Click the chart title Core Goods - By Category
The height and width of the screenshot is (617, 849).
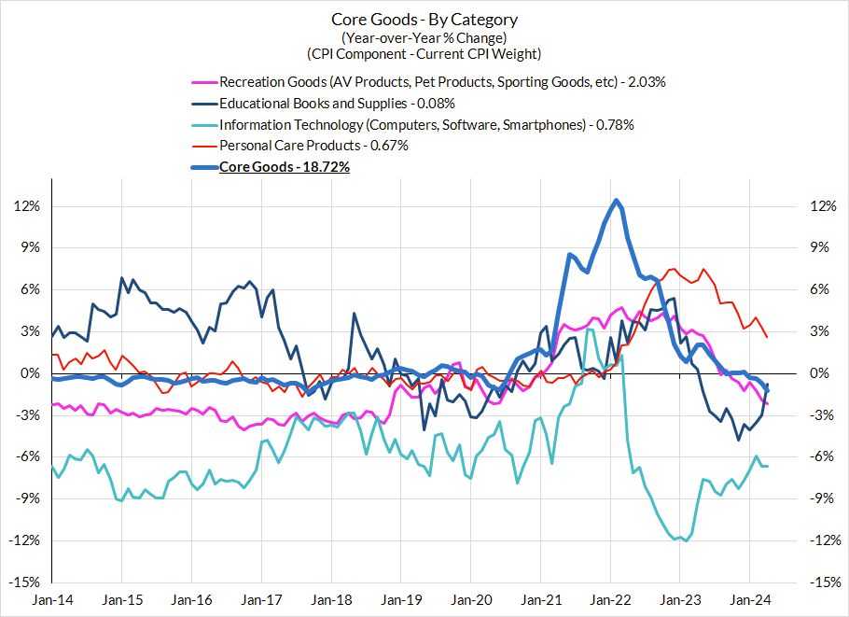pyautogui.click(x=424, y=20)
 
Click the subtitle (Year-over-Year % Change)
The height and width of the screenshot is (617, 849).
pyautogui.click(x=424, y=37)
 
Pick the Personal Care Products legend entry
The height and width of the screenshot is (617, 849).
pyautogui.click(x=313, y=146)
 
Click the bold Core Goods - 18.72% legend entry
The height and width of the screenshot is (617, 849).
pyautogui.click(x=284, y=167)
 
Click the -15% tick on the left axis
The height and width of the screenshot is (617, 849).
pyautogui.click(x=27, y=582)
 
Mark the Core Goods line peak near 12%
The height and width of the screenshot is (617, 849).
pyautogui.click(x=617, y=200)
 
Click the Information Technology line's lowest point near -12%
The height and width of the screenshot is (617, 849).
pyautogui.click(x=687, y=540)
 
